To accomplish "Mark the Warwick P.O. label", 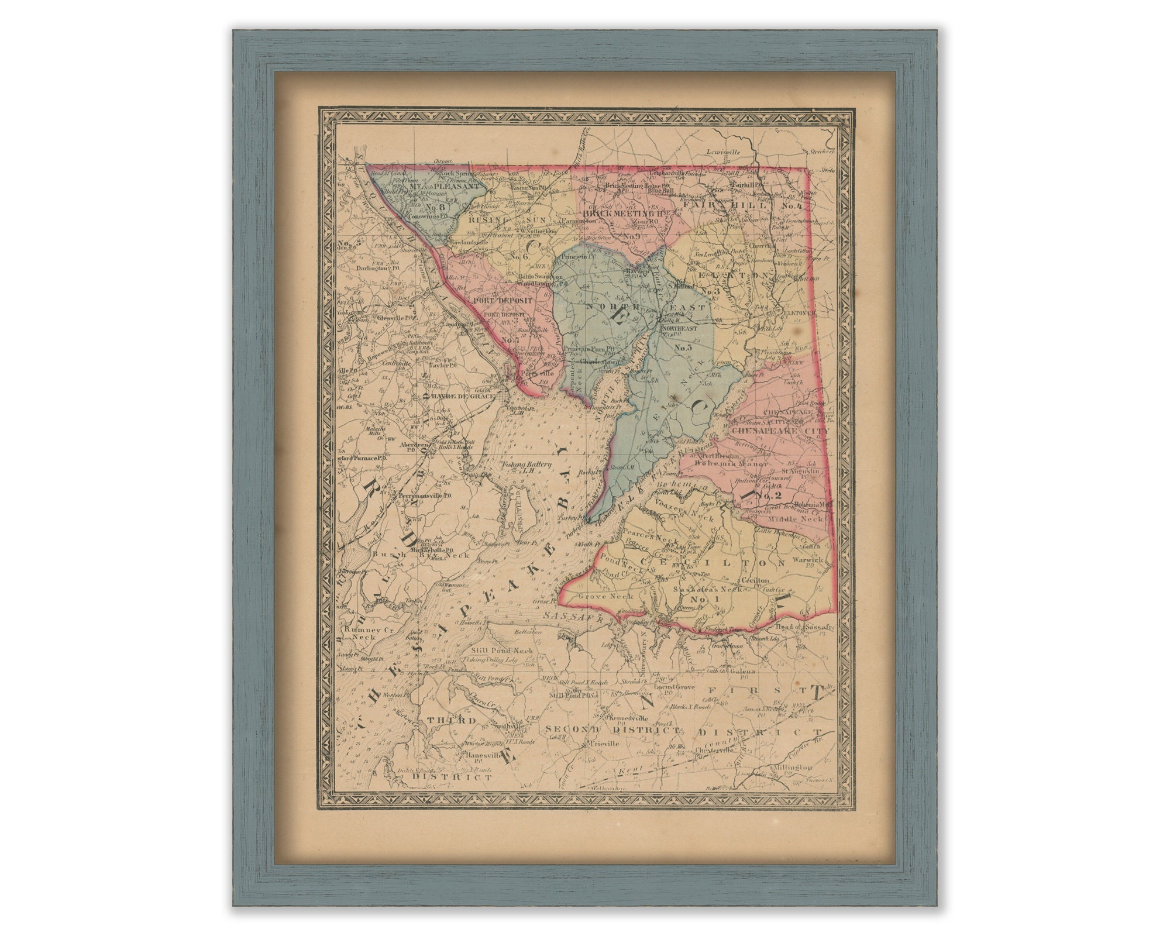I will [x=807, y=562].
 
